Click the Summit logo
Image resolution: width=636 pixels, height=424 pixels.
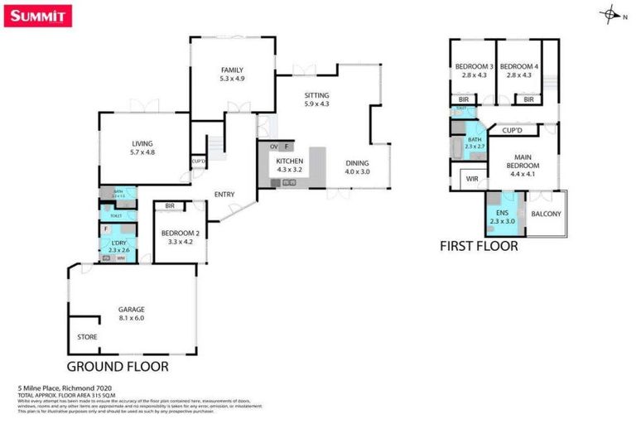[x=38, y=16]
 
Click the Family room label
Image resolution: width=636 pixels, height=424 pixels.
[x=232, y=70]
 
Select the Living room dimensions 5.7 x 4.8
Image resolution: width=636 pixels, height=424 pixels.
[x=142, y=152]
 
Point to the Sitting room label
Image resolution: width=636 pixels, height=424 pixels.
[x=316, y=95]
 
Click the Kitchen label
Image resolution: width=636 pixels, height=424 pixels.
[x=289, y=161]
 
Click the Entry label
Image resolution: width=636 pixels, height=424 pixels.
[x=224, y=195]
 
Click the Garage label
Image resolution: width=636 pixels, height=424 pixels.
[x=132, y=309]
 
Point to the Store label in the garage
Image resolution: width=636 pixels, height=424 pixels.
[x=87, y=337]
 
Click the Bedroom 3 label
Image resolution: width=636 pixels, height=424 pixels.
[x=474, y=67]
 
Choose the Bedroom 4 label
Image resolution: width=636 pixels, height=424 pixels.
[x=519, y=67]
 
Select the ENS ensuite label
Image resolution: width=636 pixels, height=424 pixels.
[x=503, y=213]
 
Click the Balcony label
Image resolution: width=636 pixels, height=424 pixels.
[x=546, y=214]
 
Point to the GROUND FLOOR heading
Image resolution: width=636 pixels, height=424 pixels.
[x=118, y=366]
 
